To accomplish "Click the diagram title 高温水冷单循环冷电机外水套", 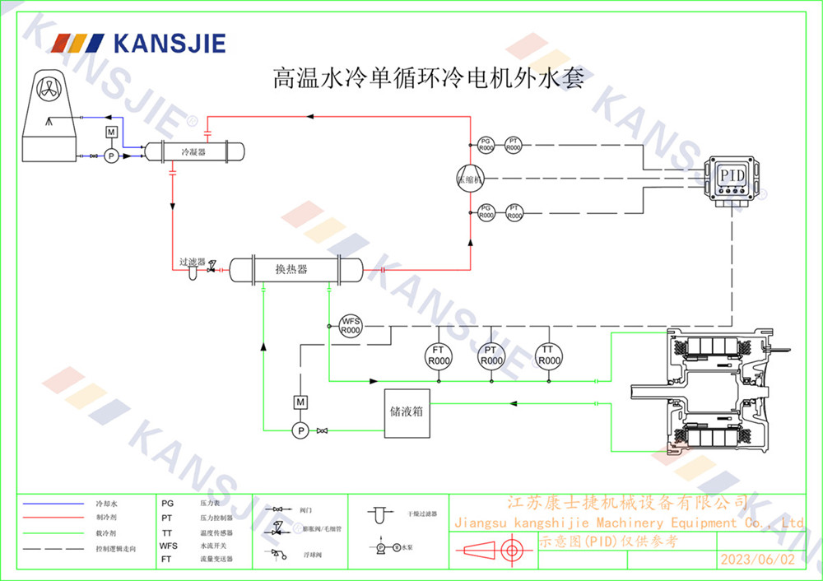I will [x=429, y=78].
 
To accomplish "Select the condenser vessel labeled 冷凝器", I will [x=195, y=151].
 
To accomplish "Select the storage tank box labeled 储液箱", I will [x=407, y=411].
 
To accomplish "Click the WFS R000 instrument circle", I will [x=351, y=325].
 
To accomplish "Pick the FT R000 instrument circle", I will [x=439, y=356].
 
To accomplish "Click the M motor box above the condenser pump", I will [x=112, y=132].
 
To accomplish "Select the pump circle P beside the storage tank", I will [x=300, y=430].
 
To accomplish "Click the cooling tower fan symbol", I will [x=47, y=88].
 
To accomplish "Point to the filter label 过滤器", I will [x=193, y=262].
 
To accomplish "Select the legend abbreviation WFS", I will [x=168, y=545].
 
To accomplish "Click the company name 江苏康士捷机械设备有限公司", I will [x=626, y=502].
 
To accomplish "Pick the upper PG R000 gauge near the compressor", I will [x=486, y=144].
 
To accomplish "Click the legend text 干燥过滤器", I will [x=422, y=514].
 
